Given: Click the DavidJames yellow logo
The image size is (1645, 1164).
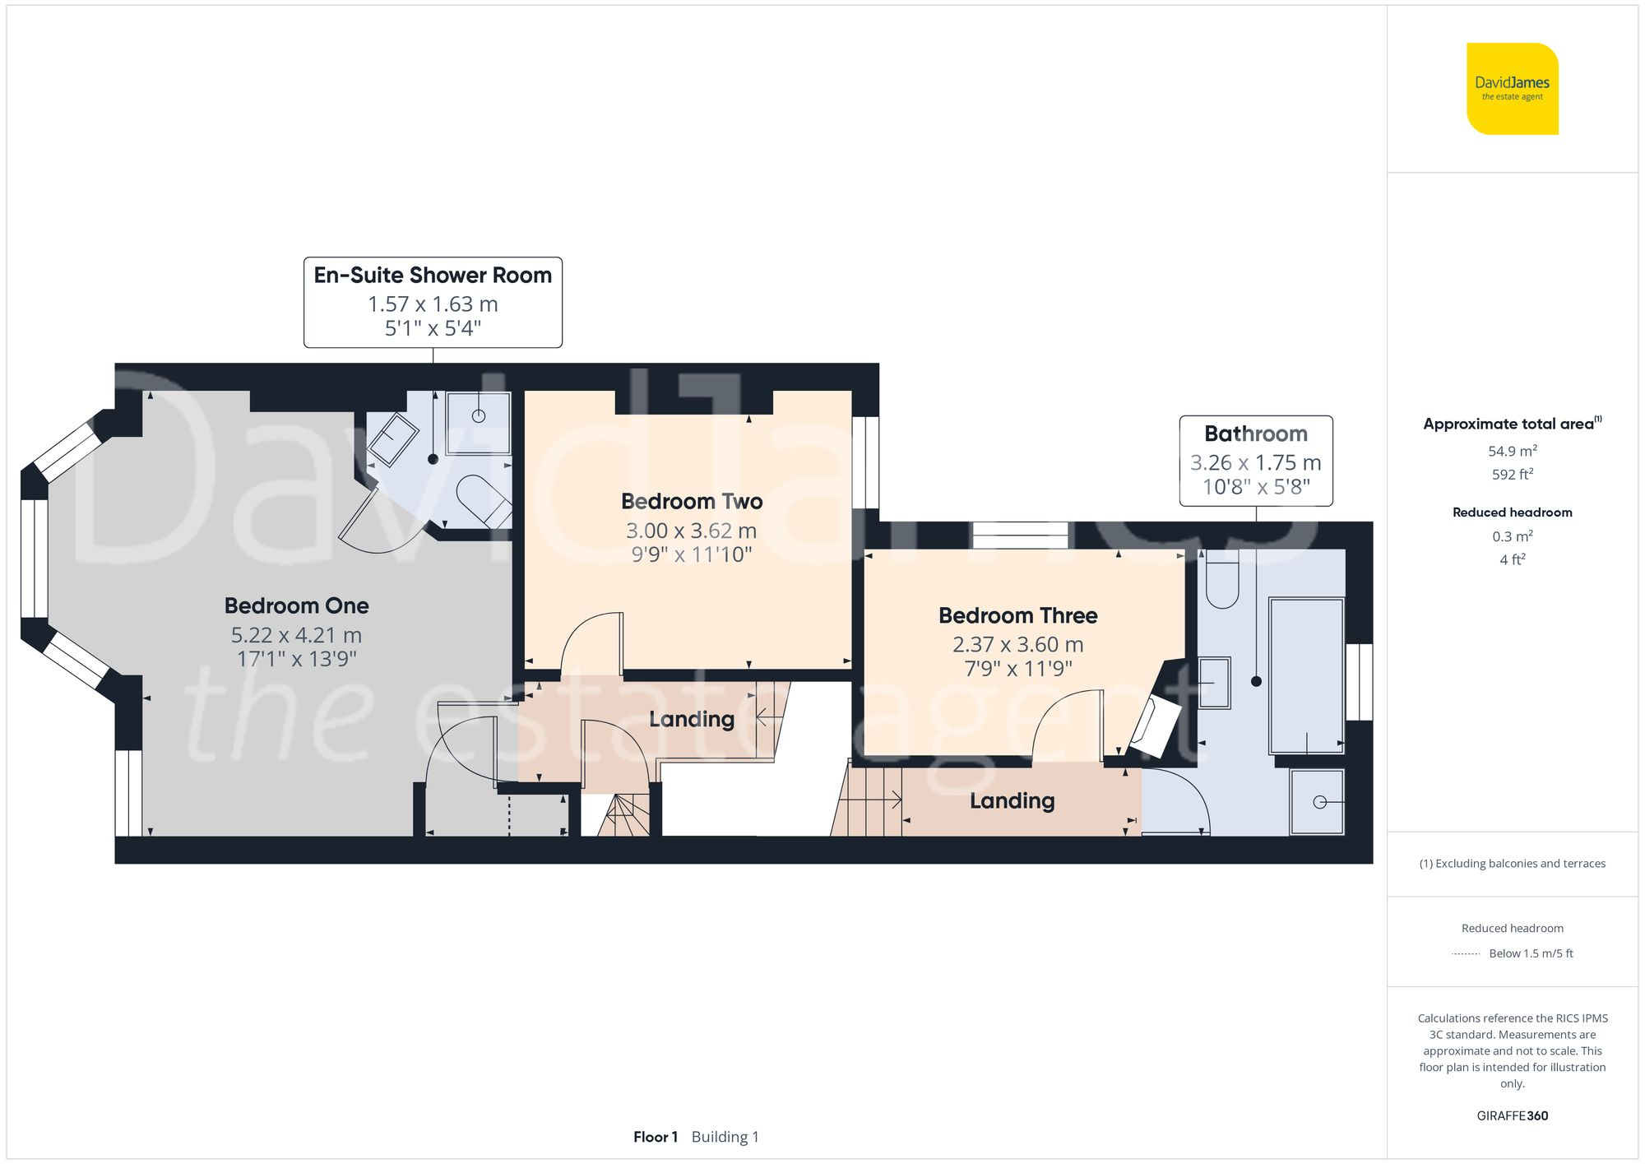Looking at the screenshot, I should click(x=1512, y=89).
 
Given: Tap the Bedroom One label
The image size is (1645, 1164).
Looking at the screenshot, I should click(x=296, y=606).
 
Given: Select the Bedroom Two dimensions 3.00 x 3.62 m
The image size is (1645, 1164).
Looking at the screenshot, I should click(x=691, y=531).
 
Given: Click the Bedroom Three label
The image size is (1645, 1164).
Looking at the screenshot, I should click(x=1017, y=616).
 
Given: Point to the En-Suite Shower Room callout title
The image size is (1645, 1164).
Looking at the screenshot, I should click(x=433, y=276).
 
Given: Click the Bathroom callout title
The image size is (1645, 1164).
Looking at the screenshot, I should click(x=1255, y=434).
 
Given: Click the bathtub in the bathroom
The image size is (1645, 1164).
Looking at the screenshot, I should click(x=1306, y=675).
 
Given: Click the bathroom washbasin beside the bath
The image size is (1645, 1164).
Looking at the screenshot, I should click(x=1214, y=682).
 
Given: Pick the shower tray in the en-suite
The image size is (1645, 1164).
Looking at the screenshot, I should click(x=478, y=422).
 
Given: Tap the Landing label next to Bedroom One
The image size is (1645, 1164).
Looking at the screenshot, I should click(x=691, y=720).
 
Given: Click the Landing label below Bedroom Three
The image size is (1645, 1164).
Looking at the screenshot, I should click(x=1012, y=801).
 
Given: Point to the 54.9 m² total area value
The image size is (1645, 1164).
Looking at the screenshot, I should click(x=1512, y=452).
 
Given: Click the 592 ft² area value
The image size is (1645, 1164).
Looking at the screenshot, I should click(x=1512, y=475).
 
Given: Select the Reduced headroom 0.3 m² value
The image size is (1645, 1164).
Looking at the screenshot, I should click(x=1512, y=536).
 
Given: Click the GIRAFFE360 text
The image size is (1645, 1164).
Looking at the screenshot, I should click(x=1512, y=1116).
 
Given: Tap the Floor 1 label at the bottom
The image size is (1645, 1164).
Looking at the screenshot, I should click(x=655, y=1137).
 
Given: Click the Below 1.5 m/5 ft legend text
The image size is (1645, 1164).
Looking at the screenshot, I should click(x=1530, y=954).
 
